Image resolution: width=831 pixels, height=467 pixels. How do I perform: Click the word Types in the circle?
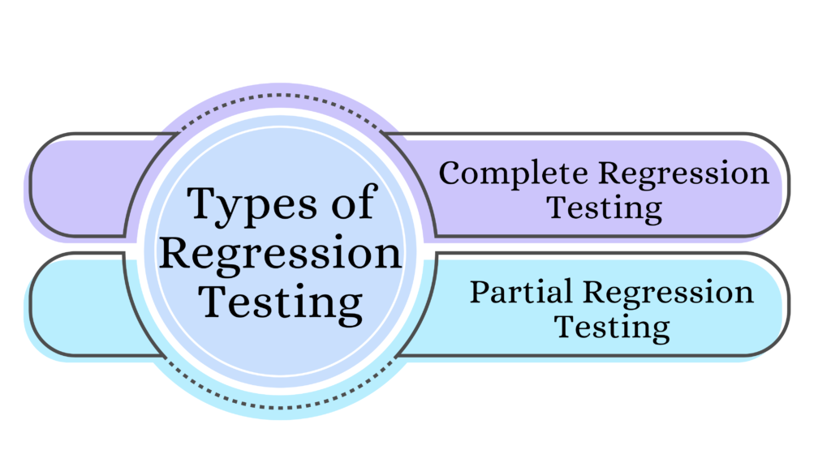252,205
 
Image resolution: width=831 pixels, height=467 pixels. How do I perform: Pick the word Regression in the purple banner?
683,174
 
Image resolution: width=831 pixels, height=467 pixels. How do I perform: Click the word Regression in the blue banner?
669,293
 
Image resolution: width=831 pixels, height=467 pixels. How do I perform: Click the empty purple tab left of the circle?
80,186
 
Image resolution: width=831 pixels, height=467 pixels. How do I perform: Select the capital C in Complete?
450,174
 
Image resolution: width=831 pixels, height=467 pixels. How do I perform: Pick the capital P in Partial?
480,292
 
